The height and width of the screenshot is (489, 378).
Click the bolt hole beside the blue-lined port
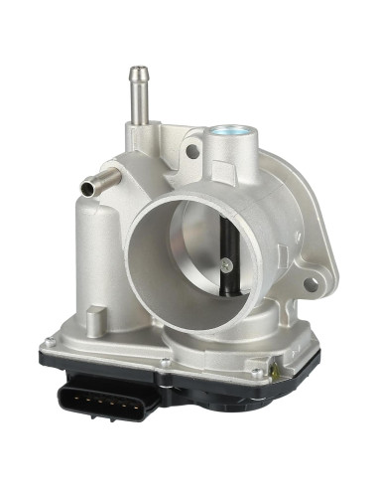193,152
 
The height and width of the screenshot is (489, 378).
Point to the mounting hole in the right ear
311,283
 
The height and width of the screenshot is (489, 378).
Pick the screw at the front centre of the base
163,360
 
